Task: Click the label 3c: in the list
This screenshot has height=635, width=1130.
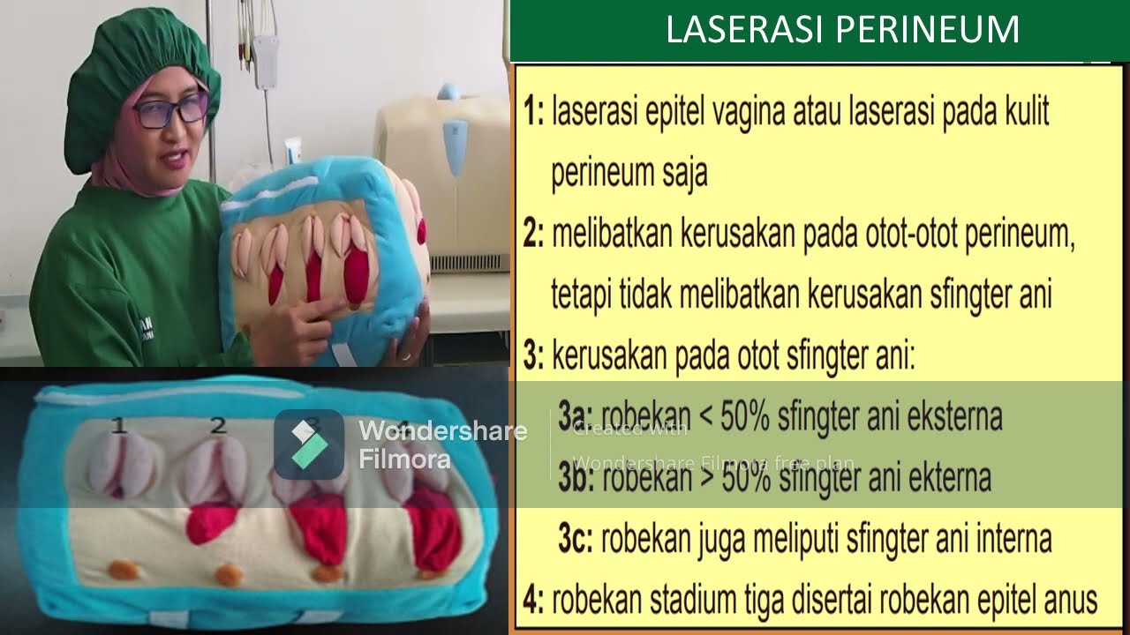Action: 575,538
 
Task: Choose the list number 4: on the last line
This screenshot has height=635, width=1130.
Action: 533,600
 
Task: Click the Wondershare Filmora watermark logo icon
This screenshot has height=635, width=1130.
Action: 308,444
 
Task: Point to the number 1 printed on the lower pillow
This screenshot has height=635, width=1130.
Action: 119,426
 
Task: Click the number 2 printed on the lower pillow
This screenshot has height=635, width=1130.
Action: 218,425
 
